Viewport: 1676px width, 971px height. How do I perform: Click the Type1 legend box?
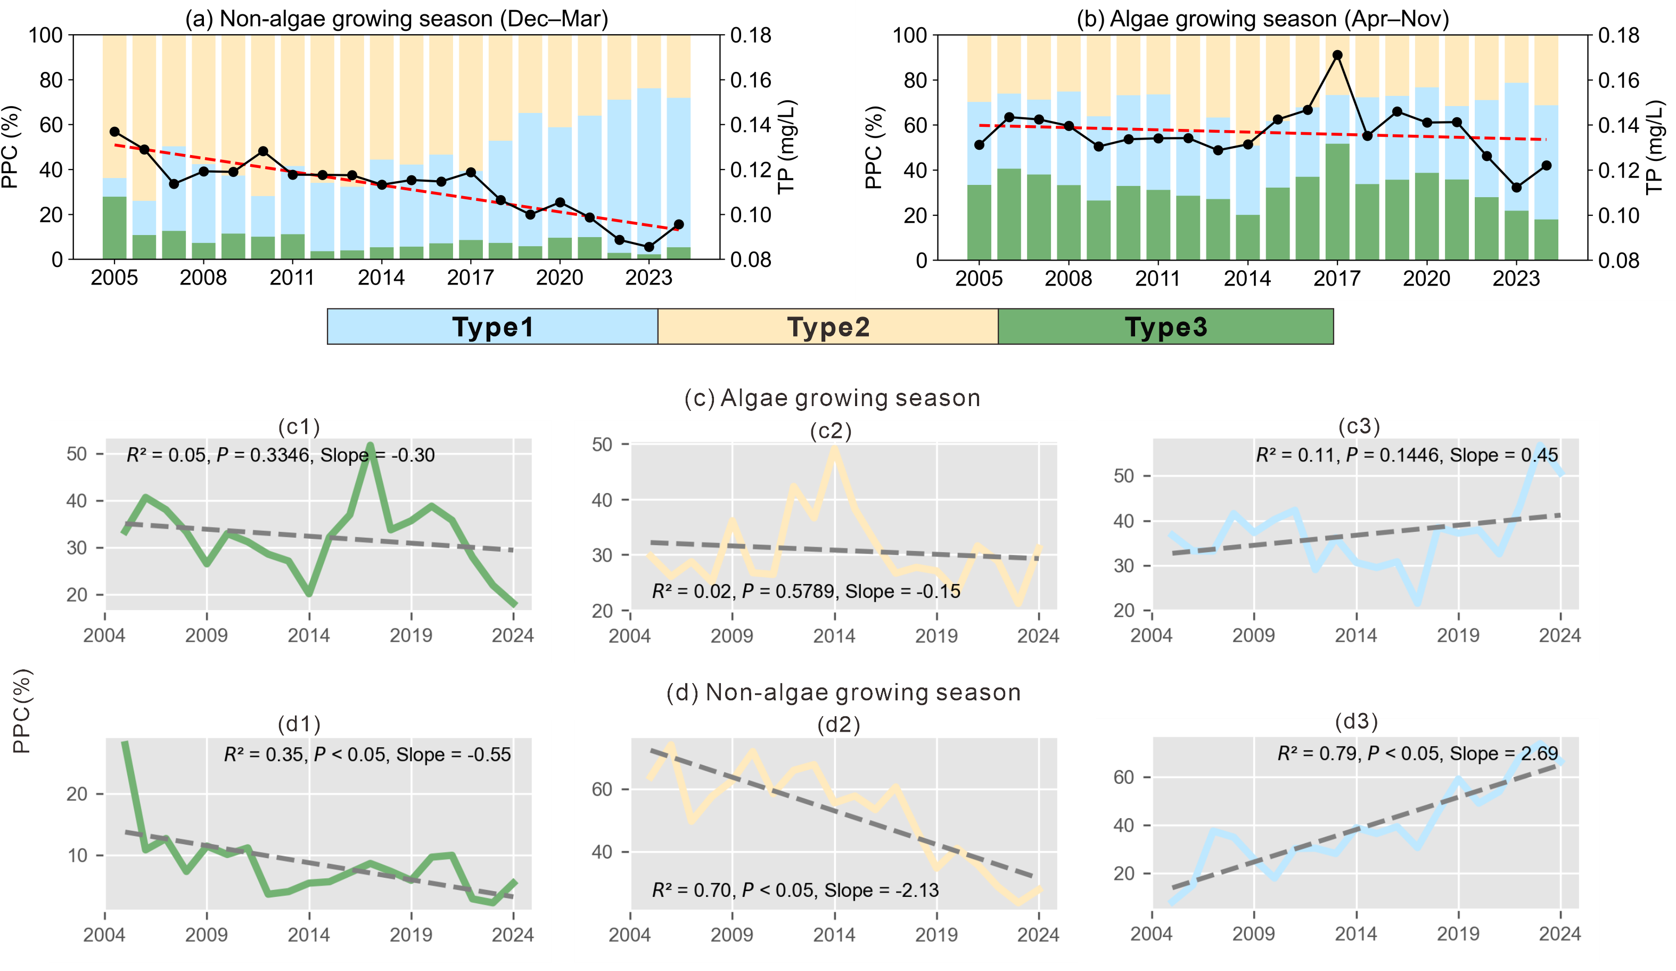tap(492, 327)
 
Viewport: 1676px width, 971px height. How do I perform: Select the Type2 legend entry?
tap(828, 327)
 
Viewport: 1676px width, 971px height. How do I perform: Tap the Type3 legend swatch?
tap(1166, 327)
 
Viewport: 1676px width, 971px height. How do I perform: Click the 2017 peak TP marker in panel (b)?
tap(1337, 55)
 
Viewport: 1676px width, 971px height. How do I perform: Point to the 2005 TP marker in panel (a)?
tap(114, 132)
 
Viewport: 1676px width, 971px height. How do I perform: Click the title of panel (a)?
tap(397, 19)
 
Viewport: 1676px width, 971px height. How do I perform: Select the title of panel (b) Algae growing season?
tap(1262, 19)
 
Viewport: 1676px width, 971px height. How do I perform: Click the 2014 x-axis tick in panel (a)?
tap(381, 278)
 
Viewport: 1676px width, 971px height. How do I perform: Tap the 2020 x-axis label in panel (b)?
tap(1427, 278)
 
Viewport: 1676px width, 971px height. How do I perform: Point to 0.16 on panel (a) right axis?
tap(751, 80)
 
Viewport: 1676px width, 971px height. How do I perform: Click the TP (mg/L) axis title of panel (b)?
tap(1656, 148)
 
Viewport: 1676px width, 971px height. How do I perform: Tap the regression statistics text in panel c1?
tap(281, 455)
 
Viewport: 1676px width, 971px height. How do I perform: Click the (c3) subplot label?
tap(1358, 426)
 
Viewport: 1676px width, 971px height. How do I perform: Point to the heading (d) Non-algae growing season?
tap(843, 693)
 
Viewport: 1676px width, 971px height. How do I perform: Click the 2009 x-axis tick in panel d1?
tap(206, 934)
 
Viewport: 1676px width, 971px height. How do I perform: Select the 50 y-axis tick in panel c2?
tap(602, 444)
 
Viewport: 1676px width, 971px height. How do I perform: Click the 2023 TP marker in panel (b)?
tap(1516, 188)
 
